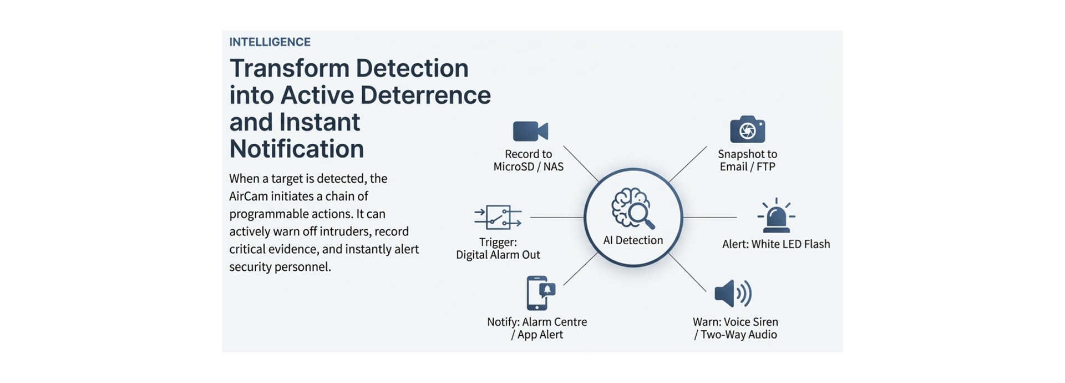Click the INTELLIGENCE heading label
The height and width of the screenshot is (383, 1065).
coord(270,42)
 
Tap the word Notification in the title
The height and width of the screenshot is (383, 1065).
coord(296,149)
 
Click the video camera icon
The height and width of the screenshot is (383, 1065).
coord(530,132)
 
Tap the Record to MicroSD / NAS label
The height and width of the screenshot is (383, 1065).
coord(528,160)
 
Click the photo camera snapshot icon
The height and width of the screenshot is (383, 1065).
coord(747,130)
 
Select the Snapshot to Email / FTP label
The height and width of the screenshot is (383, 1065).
coord(747,160)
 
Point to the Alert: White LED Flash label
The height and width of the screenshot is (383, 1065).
coord(775,244)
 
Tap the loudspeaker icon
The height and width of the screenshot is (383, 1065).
coord(732,293)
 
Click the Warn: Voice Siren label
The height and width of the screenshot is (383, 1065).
coord(735,322)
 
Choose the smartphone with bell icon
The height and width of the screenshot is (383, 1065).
coord(540,293)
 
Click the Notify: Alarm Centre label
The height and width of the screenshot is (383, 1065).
coord(536,322)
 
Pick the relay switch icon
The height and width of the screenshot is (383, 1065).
coord(498,217)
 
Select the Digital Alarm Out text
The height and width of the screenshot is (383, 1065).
coord(498,255)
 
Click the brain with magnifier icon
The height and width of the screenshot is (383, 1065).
coord(632,208)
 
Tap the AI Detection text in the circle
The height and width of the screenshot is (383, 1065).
coord(633,240)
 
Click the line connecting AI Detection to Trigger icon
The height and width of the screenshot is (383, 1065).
coord(556,218)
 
